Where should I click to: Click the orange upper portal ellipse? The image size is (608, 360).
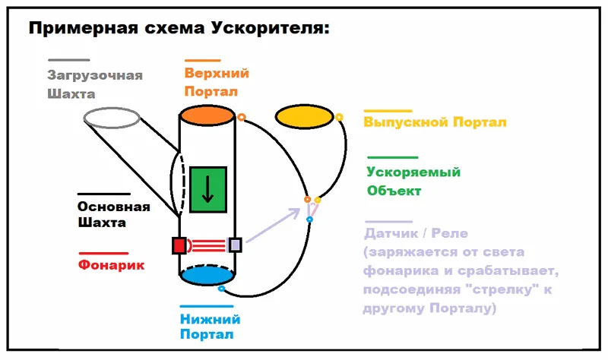pyautogui.click(x=207, y=115)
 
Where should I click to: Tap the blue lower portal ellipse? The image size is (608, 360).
pyautogui.click(x=207, y=275)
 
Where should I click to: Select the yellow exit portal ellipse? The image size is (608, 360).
pyautogui.click(x=304, y=116)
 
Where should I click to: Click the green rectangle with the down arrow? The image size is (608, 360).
pyautogui.click(x=207, y=190)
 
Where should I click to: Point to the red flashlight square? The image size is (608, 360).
pyautogui.click(x=179, y=245)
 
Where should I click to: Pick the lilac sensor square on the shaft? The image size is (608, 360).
pyautogui.click(x=235, y=245)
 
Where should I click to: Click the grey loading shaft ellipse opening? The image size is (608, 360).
pyautogui.click(x=112, y=118)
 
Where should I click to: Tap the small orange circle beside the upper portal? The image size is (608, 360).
pyautogui.click(x=242, y=117)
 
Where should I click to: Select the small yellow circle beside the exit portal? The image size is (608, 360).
pyautogui.click(x=339, y=117)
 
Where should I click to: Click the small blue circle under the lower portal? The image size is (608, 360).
pyautogui.click(x=221, y=289)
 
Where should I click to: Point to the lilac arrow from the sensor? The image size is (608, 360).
pyautogui.click(x=274, y=225)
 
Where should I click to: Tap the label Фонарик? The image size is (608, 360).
pyautogui.click(x=111, y=265)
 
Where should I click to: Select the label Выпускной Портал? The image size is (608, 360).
pyautogui.click(x=435, y=122)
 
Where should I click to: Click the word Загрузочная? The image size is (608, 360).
pyautogui.click(x=95, y=75)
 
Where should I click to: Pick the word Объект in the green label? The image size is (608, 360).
pyautogui.click(x=394, y=191)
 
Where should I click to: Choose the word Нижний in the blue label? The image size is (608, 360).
pyautogui.click(x=211, y=319)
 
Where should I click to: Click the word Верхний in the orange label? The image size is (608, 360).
pyautogui.click(x=217, y=73)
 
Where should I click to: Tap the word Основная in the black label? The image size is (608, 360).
pyautogui.click(x=113, y=206)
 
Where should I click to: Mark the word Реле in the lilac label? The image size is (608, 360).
pyautogui.click(x=449, y=233)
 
